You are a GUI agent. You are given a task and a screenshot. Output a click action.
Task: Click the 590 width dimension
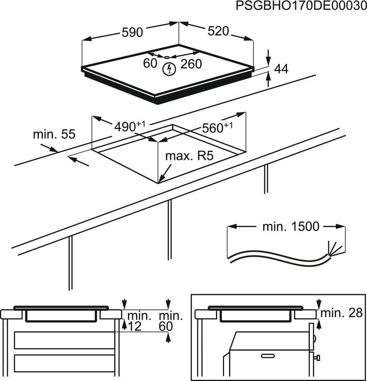point(132,32)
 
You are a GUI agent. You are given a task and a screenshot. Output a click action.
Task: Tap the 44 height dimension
point(281,69)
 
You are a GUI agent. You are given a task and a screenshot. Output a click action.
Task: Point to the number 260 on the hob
point(191,64)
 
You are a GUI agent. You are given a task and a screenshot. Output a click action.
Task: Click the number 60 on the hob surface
point(150,63)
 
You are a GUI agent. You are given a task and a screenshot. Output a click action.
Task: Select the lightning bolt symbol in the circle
point(170,69)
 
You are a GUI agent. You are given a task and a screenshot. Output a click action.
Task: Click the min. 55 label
point(54,135)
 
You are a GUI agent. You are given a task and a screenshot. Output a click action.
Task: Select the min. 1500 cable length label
point(290,226)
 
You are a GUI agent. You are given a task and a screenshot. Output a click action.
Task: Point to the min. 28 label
point(342,313)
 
